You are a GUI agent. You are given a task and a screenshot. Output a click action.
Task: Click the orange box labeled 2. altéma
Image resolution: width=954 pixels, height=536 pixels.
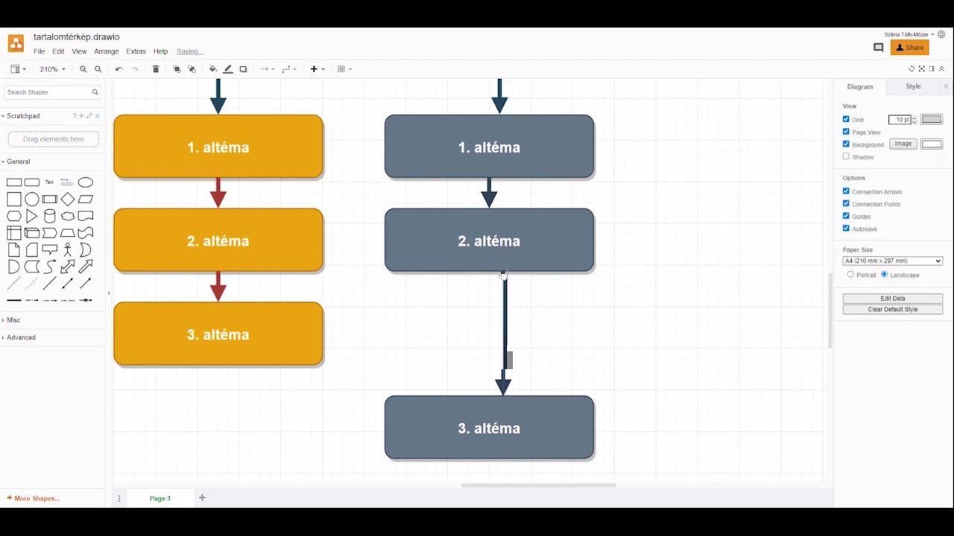click(x=218, y=240)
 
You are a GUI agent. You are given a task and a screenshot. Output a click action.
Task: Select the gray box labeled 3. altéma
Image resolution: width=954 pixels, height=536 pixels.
click(x=489, y=427)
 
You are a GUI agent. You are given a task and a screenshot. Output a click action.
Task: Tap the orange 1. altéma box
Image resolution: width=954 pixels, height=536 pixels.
click(x=218, y=147)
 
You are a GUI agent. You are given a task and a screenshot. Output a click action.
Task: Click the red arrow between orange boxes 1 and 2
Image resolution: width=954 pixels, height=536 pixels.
click(x=218, y=193)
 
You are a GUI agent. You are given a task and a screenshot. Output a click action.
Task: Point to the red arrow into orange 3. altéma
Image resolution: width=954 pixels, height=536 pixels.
click(x=218, y=287)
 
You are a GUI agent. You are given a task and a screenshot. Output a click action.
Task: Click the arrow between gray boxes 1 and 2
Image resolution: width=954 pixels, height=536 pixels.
click(x=489, y=193)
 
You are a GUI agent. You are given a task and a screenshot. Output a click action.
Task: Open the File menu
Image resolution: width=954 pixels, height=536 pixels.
click(x=40, y=51)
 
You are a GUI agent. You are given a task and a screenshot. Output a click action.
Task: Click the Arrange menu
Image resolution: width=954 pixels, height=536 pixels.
click(x=107, y=51)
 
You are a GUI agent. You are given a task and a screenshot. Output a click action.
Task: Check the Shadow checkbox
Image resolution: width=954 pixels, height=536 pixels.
click(x=846, y=156)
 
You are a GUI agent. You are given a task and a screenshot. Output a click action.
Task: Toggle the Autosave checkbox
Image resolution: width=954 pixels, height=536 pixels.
click(x=846, y=229)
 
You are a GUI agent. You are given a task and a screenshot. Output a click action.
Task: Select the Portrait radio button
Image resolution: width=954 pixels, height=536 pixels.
click(x=850, y=275)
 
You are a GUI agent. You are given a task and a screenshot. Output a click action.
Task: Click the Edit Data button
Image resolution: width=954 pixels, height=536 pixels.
click(x=893, y=299)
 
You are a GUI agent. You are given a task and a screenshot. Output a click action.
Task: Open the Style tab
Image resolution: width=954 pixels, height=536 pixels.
click(x=913, y=86)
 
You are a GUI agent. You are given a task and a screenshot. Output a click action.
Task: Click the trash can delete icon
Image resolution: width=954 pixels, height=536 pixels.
click(x=156, y=69)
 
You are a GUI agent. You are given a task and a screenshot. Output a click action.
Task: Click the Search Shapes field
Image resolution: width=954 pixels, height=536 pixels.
click(x=52, y=92)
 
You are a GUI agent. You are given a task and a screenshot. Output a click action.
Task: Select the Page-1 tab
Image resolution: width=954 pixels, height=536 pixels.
click(x=160, y=498)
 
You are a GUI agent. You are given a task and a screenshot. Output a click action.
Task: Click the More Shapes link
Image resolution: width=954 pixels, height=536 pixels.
click(x=34, y=498)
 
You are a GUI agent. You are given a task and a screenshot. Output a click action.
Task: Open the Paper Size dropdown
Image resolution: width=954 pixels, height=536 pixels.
click(x=893, y=261)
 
